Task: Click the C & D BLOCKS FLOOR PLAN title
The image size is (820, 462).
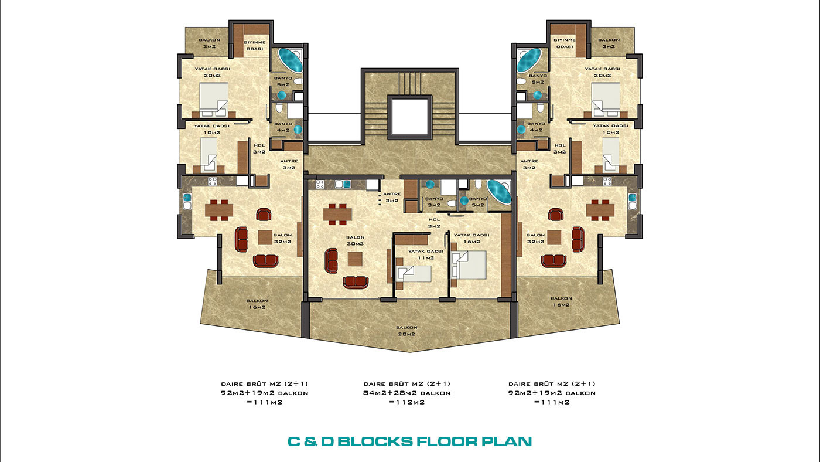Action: coord(409,441)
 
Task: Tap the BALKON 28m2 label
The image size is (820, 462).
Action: coord(406,331)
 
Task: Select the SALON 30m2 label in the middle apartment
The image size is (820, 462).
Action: coord(355,240)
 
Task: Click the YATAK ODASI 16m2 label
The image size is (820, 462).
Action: coord(471,238)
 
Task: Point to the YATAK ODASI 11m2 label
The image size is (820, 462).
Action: coord(426,254)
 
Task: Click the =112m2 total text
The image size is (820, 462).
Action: coord(406,402)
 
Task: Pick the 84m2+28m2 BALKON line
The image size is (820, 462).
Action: coord(406,393)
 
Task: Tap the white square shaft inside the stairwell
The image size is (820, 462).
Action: coord(409,117)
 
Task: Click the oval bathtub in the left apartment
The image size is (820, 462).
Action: coord(291,60)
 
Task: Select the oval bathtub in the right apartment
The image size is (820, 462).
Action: coord(529,60)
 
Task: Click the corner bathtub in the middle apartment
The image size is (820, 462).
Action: coord(498,191)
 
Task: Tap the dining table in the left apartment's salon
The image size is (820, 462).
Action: coord(219,210)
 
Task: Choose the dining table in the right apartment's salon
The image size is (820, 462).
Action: coord(600,210)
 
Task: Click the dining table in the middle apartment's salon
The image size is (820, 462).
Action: coord(337,215)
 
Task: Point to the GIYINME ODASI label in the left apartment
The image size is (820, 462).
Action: coord(254,45)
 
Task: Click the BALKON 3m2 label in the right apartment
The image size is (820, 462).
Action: coord(609,43)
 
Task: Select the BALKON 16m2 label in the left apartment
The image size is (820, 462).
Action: coord(257,304)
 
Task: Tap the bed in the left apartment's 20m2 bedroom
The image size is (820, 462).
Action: coord(214,99)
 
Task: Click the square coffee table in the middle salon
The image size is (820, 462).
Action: coord(355,259)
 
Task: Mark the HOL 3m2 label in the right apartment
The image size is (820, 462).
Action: coord(559,148)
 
